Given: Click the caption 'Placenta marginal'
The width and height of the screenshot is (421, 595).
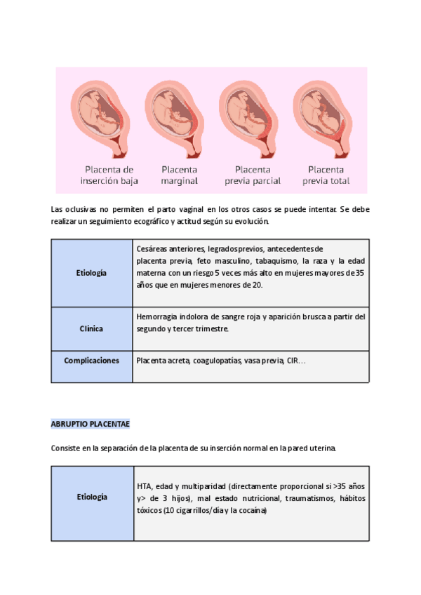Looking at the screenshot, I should [180, 175].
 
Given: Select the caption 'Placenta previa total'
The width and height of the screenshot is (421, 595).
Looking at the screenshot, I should [326, 175].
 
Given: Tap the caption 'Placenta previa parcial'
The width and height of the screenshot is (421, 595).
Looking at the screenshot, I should [253, 175].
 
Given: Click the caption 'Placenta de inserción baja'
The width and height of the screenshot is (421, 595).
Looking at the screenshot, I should [109, 175].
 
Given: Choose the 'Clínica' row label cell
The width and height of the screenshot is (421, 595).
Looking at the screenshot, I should [92, 328].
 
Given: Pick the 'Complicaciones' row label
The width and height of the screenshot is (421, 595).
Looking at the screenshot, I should [92, 361].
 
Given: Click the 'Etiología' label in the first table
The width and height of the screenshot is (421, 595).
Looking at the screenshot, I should [92, 272].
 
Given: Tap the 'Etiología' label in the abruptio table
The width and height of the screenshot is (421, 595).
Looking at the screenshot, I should [92, 497].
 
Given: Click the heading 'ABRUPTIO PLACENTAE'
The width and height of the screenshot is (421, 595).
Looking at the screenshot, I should [90, 425].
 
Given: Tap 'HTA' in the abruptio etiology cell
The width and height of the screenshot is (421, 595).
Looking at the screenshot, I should [144, 486].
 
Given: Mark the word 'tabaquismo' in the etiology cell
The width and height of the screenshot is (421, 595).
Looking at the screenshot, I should [269, 260].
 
